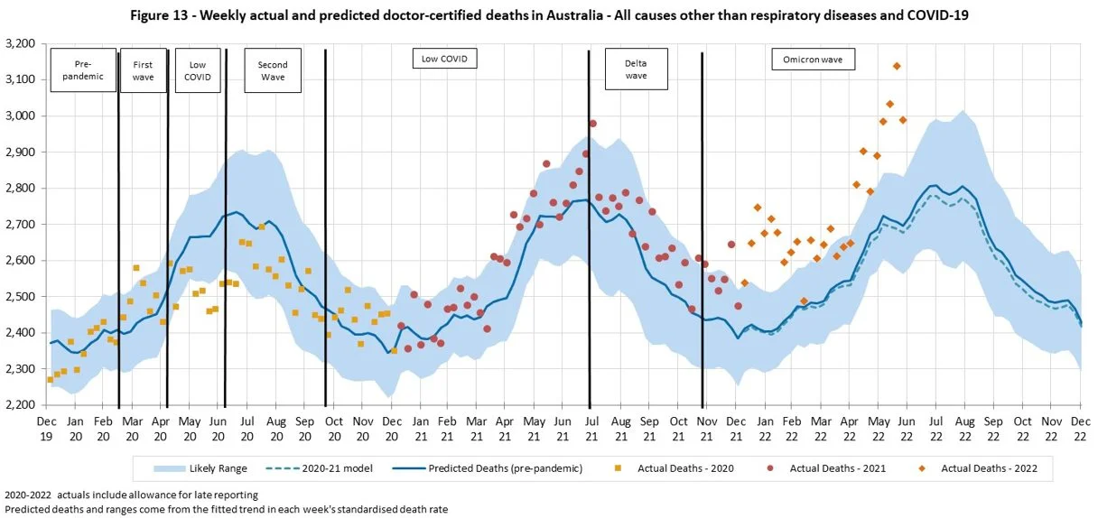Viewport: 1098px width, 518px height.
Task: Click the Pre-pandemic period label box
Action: point(83,70)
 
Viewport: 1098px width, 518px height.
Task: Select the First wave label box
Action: point(143,70)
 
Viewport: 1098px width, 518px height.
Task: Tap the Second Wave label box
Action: point(273,70)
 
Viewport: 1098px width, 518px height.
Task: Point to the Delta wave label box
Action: point(637,69)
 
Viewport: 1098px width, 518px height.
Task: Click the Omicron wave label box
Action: point(813,60)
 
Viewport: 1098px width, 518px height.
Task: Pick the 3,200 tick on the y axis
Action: point(20,43)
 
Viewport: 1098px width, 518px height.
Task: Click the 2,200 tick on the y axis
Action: point(20,405)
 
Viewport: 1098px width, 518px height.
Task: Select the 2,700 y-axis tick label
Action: point(20,224)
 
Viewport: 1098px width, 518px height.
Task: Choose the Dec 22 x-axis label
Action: point(1079,428)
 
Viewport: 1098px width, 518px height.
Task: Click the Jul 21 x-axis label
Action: point(591,428)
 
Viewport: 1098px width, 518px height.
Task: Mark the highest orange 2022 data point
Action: point(896,66)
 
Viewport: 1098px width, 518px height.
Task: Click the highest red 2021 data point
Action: point(592,124)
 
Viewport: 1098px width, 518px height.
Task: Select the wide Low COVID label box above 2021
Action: point(444,60)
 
